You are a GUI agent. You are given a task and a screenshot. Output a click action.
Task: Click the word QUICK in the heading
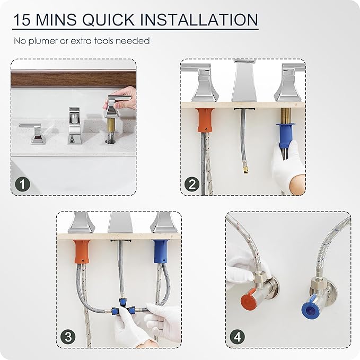(x=109, y=20)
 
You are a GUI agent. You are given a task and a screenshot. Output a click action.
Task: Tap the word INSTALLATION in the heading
(x=199, y=20)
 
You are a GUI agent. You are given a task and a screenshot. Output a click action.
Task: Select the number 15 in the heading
(x=22, y=20)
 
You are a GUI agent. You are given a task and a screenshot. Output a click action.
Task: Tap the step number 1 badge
(x=22, y=184)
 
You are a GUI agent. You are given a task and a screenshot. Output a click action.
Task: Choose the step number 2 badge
(x=192, y=184)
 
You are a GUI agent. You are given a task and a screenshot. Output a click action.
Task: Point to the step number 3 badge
(x=68, y=337)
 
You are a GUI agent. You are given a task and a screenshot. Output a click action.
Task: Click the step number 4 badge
(x=238, y=337)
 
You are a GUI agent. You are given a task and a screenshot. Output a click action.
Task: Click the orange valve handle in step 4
(x=248, y=298)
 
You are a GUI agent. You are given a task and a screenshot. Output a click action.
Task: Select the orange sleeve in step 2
(x=205, y=120)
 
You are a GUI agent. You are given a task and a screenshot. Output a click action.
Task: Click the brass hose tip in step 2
(x=245, y=170)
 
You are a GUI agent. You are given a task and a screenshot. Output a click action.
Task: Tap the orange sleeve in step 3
(x=82, y=252)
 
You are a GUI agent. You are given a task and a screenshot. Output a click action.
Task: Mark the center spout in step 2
(x=245, y=82)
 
